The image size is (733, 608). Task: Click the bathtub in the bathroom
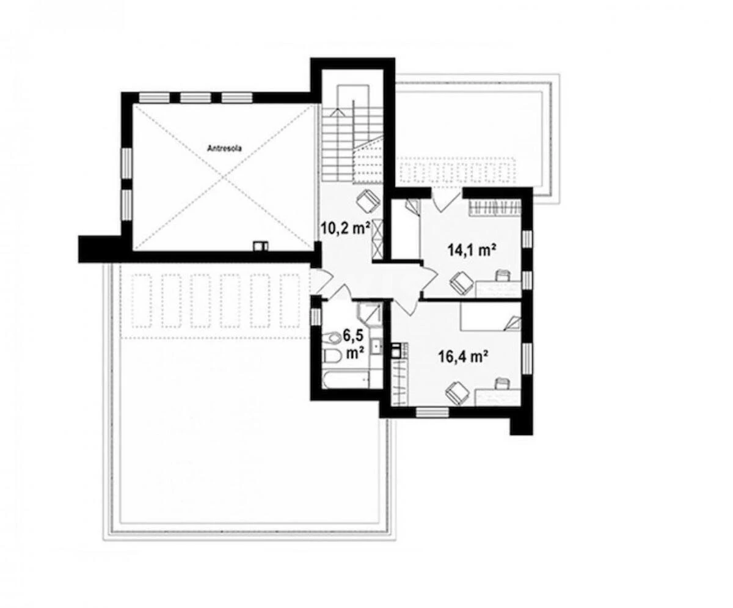346,379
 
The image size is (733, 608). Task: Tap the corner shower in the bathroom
369,313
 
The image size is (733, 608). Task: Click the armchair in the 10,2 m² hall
368,200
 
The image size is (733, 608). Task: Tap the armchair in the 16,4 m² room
456,391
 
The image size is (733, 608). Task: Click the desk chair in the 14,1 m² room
503,276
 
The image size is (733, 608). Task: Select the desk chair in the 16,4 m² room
502,383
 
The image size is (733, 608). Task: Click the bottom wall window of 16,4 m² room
432,412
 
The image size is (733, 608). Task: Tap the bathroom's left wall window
316,317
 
